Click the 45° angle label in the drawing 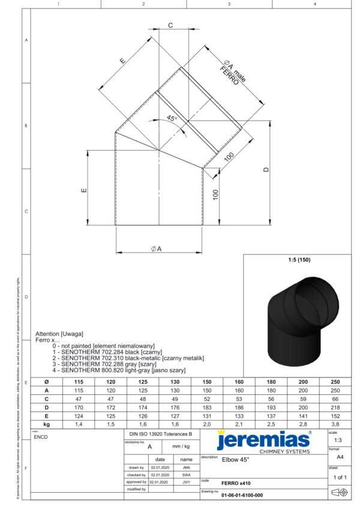[172, 119]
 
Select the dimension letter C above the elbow [170, 25]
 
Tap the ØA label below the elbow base [156, 248]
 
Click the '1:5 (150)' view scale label [299, 260]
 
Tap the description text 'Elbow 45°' [235, 460]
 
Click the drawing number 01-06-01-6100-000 [242, 495]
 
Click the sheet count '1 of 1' [340, 477]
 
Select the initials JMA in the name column [187, 467]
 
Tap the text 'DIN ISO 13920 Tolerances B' [160, 433]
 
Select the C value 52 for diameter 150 [206, 399]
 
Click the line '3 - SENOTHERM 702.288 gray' [104, 364]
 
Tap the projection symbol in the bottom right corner [340, 493]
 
